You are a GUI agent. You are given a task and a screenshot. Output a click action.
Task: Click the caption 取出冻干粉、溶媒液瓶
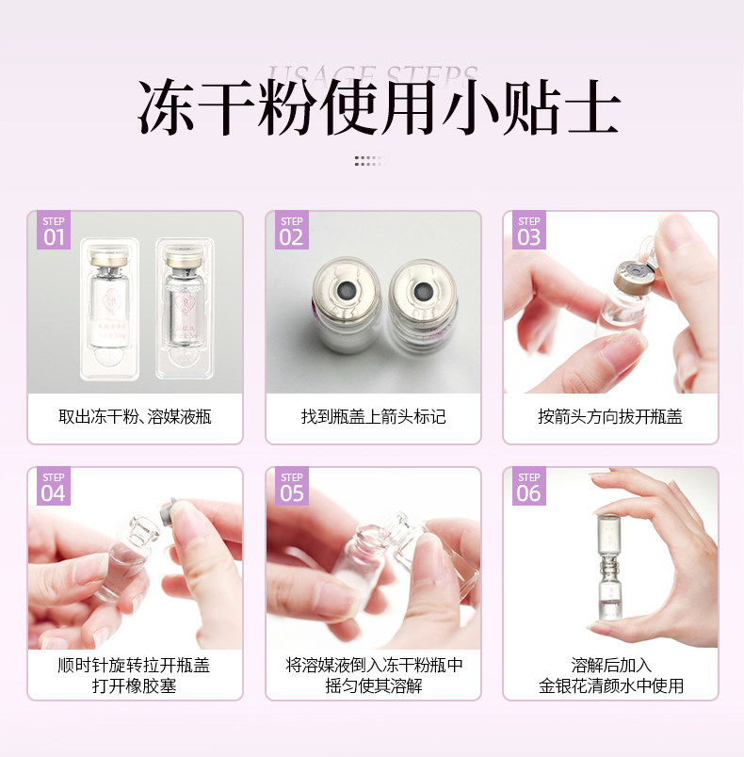click(135, 416)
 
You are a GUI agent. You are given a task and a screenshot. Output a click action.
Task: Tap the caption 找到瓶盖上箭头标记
click(373, 416)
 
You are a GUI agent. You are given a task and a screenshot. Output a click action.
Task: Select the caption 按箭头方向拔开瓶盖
click(610, 416)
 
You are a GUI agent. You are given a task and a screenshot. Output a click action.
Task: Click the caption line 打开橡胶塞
click(135, 685)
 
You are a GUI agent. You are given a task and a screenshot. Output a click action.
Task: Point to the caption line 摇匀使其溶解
click(373, 685)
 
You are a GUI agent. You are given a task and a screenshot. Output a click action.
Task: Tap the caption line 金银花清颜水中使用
click(610, 685)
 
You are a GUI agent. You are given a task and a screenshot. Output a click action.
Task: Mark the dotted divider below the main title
click(371, 161)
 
